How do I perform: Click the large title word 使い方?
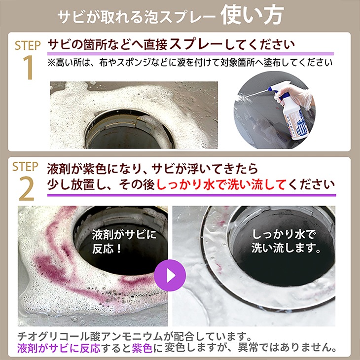(252, 15)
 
